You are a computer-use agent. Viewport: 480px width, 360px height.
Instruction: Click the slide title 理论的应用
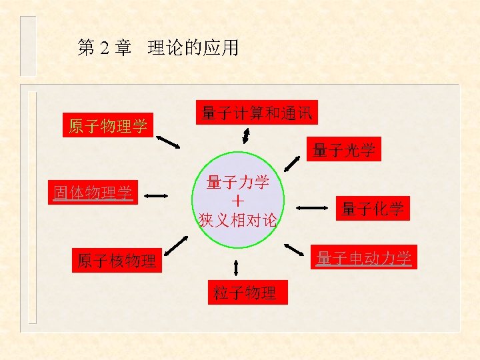pyautogui.click(x=193, y=49)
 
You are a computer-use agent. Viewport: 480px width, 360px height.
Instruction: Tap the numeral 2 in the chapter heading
pyautogui.click(x=104, y=49)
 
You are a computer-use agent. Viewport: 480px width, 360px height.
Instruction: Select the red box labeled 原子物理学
pyautogui.click(x=109, y=125)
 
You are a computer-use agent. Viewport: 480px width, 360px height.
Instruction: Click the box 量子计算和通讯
pyautogui.click(x=256, y=113)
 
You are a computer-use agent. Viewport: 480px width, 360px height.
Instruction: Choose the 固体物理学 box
pyautogui.click(x=93, y=193)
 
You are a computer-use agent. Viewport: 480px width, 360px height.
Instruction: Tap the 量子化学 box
pyautogui.click(x=373, y=209)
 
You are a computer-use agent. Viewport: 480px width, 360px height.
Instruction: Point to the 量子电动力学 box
pyautogui.click(x=364, y=257)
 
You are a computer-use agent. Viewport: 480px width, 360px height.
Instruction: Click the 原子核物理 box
pyautogui.click(x=117, y=260)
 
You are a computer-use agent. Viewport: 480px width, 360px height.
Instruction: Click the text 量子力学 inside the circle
pyautogui.click(x=238, y=182)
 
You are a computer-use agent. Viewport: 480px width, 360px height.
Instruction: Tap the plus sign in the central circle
pyautogui.click(x=238, y=201)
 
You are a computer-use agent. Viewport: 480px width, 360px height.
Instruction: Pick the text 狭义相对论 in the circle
pyautogui.click(x=238, y=219)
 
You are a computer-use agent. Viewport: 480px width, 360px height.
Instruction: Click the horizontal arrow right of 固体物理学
pyautogui.click(x=157, y=195)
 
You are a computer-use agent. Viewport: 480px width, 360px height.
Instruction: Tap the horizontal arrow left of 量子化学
pyautogui.click(x=312, y=209)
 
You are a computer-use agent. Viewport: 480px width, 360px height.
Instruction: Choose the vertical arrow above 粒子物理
pyautogui.click(x=236, y=267)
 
